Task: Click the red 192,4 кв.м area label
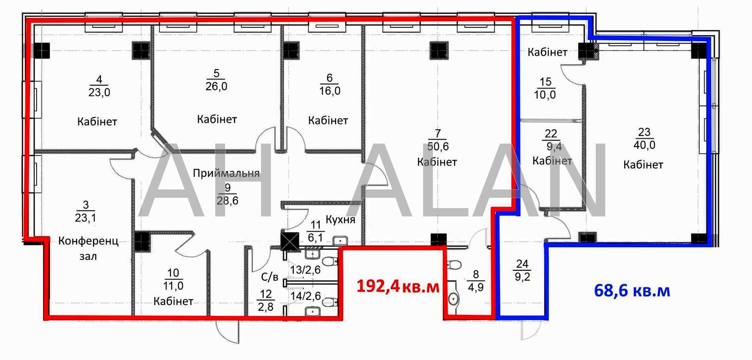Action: (x=398, y=286)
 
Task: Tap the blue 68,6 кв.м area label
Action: (x=632, y=290)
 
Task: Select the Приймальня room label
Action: (x=226, y=173)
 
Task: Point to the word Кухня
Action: (x=340, y=219)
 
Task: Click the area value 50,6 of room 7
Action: (x=438, y=147)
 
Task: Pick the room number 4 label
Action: (x=99, y=79)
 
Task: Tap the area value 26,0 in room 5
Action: (x=216, y=86)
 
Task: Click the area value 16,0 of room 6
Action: (x=329, y=91)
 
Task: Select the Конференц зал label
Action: (x=88, y=249)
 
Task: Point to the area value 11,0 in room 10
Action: (x=173, y=286)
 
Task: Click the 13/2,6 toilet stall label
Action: (x=305, y=270)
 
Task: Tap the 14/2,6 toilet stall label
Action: (x=305, y=296)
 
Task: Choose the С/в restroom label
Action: (x=270, y=277)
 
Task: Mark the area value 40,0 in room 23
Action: (x=644, y=145)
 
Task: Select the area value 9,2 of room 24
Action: (x=522, y=277)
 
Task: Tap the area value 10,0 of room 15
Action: (x=545, y=95)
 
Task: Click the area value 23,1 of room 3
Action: (x=85, y=218)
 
